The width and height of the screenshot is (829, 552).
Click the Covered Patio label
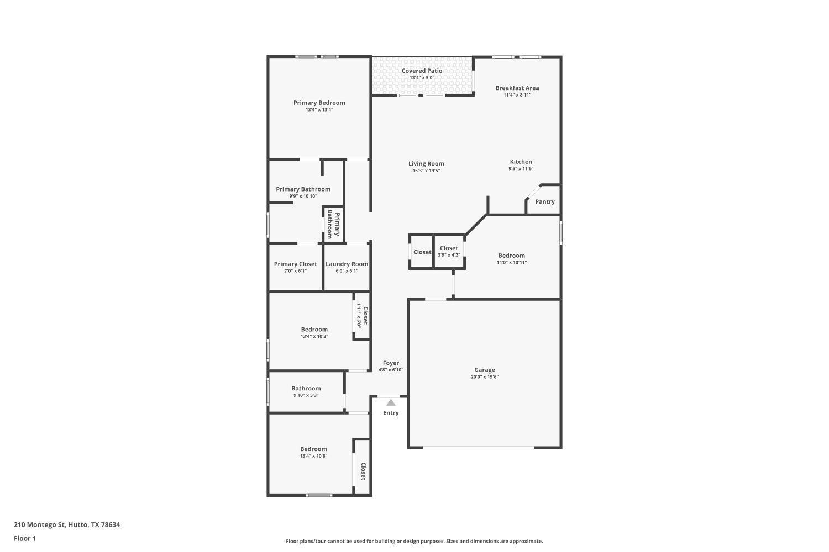[x=422, y=71]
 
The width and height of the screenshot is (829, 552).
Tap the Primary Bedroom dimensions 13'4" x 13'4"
[x=319, y=110]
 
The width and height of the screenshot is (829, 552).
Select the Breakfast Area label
[x=517, y=88]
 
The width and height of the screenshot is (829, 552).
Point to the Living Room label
[x=426, y=163]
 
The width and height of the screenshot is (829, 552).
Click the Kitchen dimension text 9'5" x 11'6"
[x=521, y=169]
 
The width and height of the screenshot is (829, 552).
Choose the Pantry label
[x=544, y=201]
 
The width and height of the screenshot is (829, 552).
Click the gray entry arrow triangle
[x=391, y=402]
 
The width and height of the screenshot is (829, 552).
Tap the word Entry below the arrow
[x=391, y=413]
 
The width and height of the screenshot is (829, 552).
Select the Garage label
[x=484, y=370]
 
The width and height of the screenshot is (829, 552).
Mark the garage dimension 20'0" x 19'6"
[x=484, y=377]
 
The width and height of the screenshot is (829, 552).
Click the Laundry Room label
[x=347, y=264]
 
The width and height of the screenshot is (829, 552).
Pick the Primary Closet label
[x=295, y=264]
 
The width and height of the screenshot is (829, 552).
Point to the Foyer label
[x=391, y=363]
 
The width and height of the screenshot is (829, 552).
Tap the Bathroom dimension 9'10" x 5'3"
[x=306, y=395]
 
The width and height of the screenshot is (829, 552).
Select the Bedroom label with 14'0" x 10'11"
[x=511, y=256]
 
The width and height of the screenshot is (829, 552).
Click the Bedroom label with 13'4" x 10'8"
[x=313, y=449]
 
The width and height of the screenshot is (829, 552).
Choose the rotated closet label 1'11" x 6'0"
[x=362, y=315]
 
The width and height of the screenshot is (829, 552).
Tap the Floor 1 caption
[x=25, y=538]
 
